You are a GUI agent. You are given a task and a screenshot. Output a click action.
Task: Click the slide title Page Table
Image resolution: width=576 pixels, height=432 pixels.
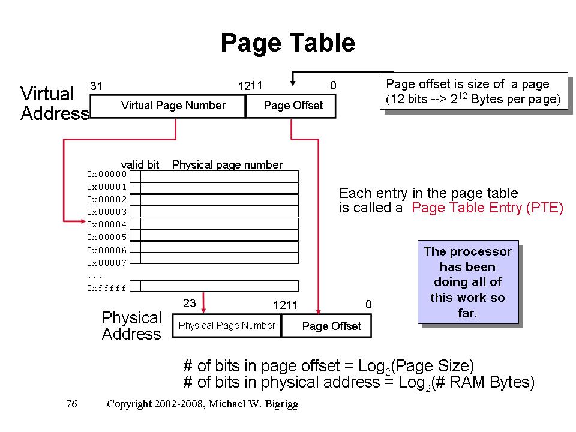pyautogui.click(x=287, y=43)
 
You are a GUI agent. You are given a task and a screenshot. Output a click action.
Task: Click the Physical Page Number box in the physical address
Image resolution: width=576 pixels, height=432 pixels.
pyautogui.click(x=227, y=325)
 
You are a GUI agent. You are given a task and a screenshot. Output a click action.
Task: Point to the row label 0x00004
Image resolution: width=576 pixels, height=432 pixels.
pyautogui.click(x=107, y=224)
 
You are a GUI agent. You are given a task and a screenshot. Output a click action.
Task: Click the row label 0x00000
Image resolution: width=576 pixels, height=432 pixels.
pyautogui.click(x=107, y=174)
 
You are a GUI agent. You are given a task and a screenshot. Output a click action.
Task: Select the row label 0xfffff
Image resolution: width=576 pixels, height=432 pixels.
pyautogui.click(x=107, y=288)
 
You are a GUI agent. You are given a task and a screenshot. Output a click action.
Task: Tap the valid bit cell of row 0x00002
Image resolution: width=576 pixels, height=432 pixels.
pyautogui.click(x=136, y=199)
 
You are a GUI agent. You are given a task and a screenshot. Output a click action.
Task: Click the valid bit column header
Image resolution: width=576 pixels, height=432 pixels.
pyautogui.click(x=140, y=164)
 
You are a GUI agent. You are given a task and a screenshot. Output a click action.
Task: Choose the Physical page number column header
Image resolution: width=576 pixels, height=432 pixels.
pyautogui.click(x=227, y=164)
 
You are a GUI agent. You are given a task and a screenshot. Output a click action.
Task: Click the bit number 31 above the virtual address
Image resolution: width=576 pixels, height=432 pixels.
pyautogui.click(x=96, y=86)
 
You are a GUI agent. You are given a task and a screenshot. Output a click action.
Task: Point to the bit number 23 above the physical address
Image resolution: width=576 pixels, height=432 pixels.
pyautogui.click(x=190, y=304)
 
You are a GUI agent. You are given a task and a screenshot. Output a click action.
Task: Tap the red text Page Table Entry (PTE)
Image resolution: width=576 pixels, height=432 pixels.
pyautogui.click(x=488, y=208)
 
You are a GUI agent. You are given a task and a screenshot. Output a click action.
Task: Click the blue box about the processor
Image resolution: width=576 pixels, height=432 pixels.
pyautogui.click(x=467, y=282)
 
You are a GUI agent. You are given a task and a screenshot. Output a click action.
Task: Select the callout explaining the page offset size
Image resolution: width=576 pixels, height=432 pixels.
pyautogui.click(x=473, y=91)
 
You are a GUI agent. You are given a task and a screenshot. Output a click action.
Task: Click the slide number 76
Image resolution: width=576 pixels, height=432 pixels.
pyautogui.click(x=71, y=404)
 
